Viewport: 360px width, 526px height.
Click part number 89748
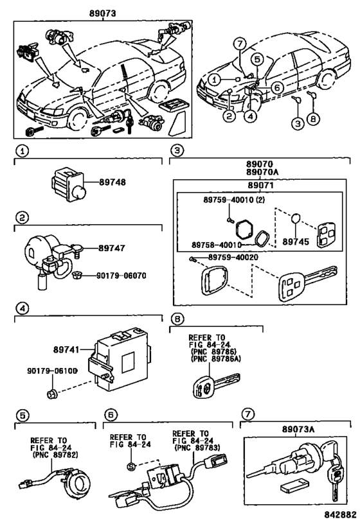pyautogui.click(x=112, y=182)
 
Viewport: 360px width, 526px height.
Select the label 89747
pyautogui.click(x=111, y=249)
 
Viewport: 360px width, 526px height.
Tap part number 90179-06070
pyautogui.click(x=122, y=276)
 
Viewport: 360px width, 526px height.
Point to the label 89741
pyautogui.click(x=66, y=349)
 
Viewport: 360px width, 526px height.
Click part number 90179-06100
pyautogui.click(x=52, y=371)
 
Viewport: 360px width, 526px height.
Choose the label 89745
pyautogui.click(x=296, y=242)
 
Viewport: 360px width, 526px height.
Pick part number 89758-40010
pyautogui.click(x=217, y=245)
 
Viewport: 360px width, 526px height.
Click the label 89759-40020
pyautogui.click(x=233, y=258)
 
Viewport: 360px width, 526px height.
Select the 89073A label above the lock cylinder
pyautogui.click(x=298, y=429)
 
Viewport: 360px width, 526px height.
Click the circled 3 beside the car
pyautogui.click(x=298, y=123)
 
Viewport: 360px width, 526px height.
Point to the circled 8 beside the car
pyautogui.click(x=313, y=118)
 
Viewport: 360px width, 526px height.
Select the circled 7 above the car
pyautogui.click(x=240, y=44)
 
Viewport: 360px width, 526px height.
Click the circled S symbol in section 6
pyautogui.click(x=131, y=466)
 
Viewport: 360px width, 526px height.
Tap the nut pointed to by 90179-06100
pyautogui.click(x=51, y=394)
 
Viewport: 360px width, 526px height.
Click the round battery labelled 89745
pyautogui.click(x=295, y=219)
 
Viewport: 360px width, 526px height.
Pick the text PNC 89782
pyautogui.click(x=55, y=455)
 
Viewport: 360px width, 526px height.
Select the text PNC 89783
pyautogui.click(x=197, y=448)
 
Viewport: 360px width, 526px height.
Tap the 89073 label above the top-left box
pyautogui.click(x=102, y=13)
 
